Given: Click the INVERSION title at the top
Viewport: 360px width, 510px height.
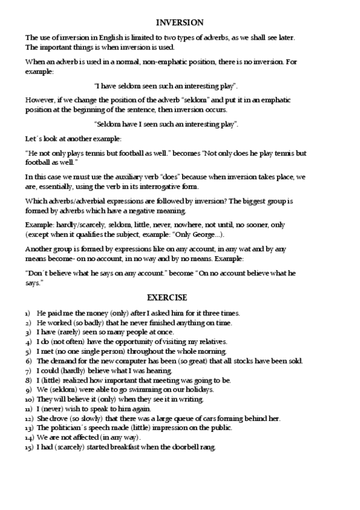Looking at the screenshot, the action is coord(180,23).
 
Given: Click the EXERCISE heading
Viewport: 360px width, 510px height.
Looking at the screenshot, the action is coord(167,298).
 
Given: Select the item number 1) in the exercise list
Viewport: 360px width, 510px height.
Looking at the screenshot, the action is coord(28,313).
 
